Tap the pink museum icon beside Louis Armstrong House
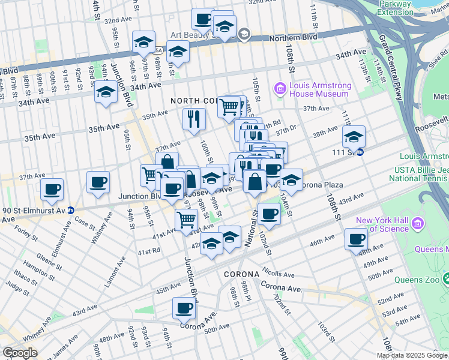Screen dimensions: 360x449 (x=280, y=89)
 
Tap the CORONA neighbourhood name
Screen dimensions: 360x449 (x=241, y=274)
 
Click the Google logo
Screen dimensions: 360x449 (x=20, y=353)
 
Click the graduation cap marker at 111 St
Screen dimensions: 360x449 (x=354, y=137)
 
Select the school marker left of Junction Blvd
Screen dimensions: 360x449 (x=106, y=92)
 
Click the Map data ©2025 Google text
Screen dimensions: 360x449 (x=412, y=355)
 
